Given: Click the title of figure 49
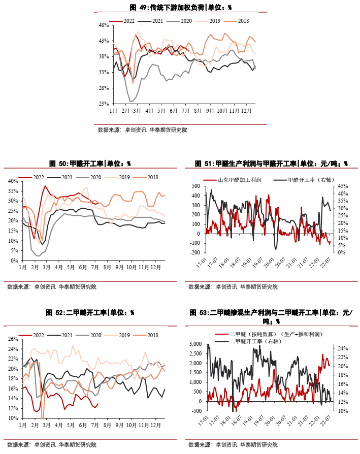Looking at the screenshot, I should [x=180, y=7].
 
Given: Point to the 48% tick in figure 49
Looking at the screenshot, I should [x=103, y=25].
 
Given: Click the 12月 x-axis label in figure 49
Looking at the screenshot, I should [x=246, y=110].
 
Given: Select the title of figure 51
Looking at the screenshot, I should [x=271, y=164].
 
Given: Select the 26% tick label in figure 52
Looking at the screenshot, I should [x=13, y=339].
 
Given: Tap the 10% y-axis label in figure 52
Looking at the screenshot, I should [x=13, y=418].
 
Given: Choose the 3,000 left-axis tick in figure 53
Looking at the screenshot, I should [x=193, y=344].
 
